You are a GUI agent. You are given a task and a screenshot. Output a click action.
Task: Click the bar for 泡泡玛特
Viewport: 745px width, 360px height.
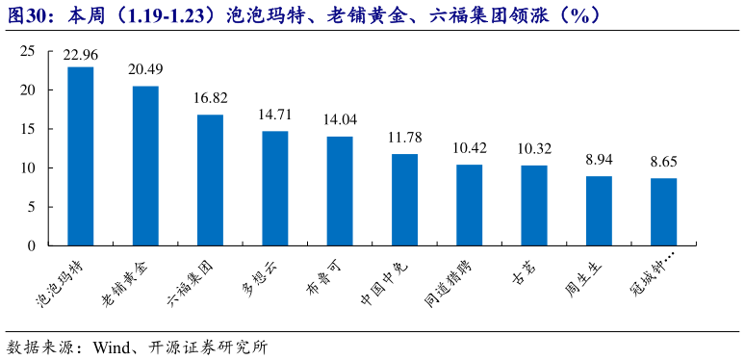81,156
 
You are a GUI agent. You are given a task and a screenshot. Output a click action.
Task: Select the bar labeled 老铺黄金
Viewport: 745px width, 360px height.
145,166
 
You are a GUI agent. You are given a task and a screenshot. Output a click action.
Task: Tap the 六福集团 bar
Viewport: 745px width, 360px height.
210,180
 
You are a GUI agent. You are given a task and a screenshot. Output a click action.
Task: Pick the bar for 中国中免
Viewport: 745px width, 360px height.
404,199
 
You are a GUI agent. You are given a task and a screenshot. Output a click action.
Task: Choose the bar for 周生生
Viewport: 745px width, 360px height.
599,211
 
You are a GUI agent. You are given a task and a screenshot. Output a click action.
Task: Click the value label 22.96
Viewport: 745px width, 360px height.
81,55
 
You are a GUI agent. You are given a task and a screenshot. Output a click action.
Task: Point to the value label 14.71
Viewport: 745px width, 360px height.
275,115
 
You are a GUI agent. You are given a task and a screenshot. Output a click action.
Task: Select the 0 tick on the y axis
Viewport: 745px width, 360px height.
31,245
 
